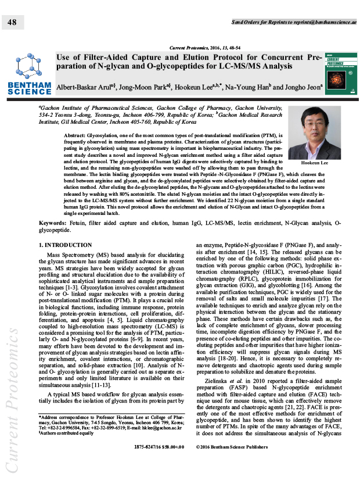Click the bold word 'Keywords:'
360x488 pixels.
pyautogui.click(x=56, y=223)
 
